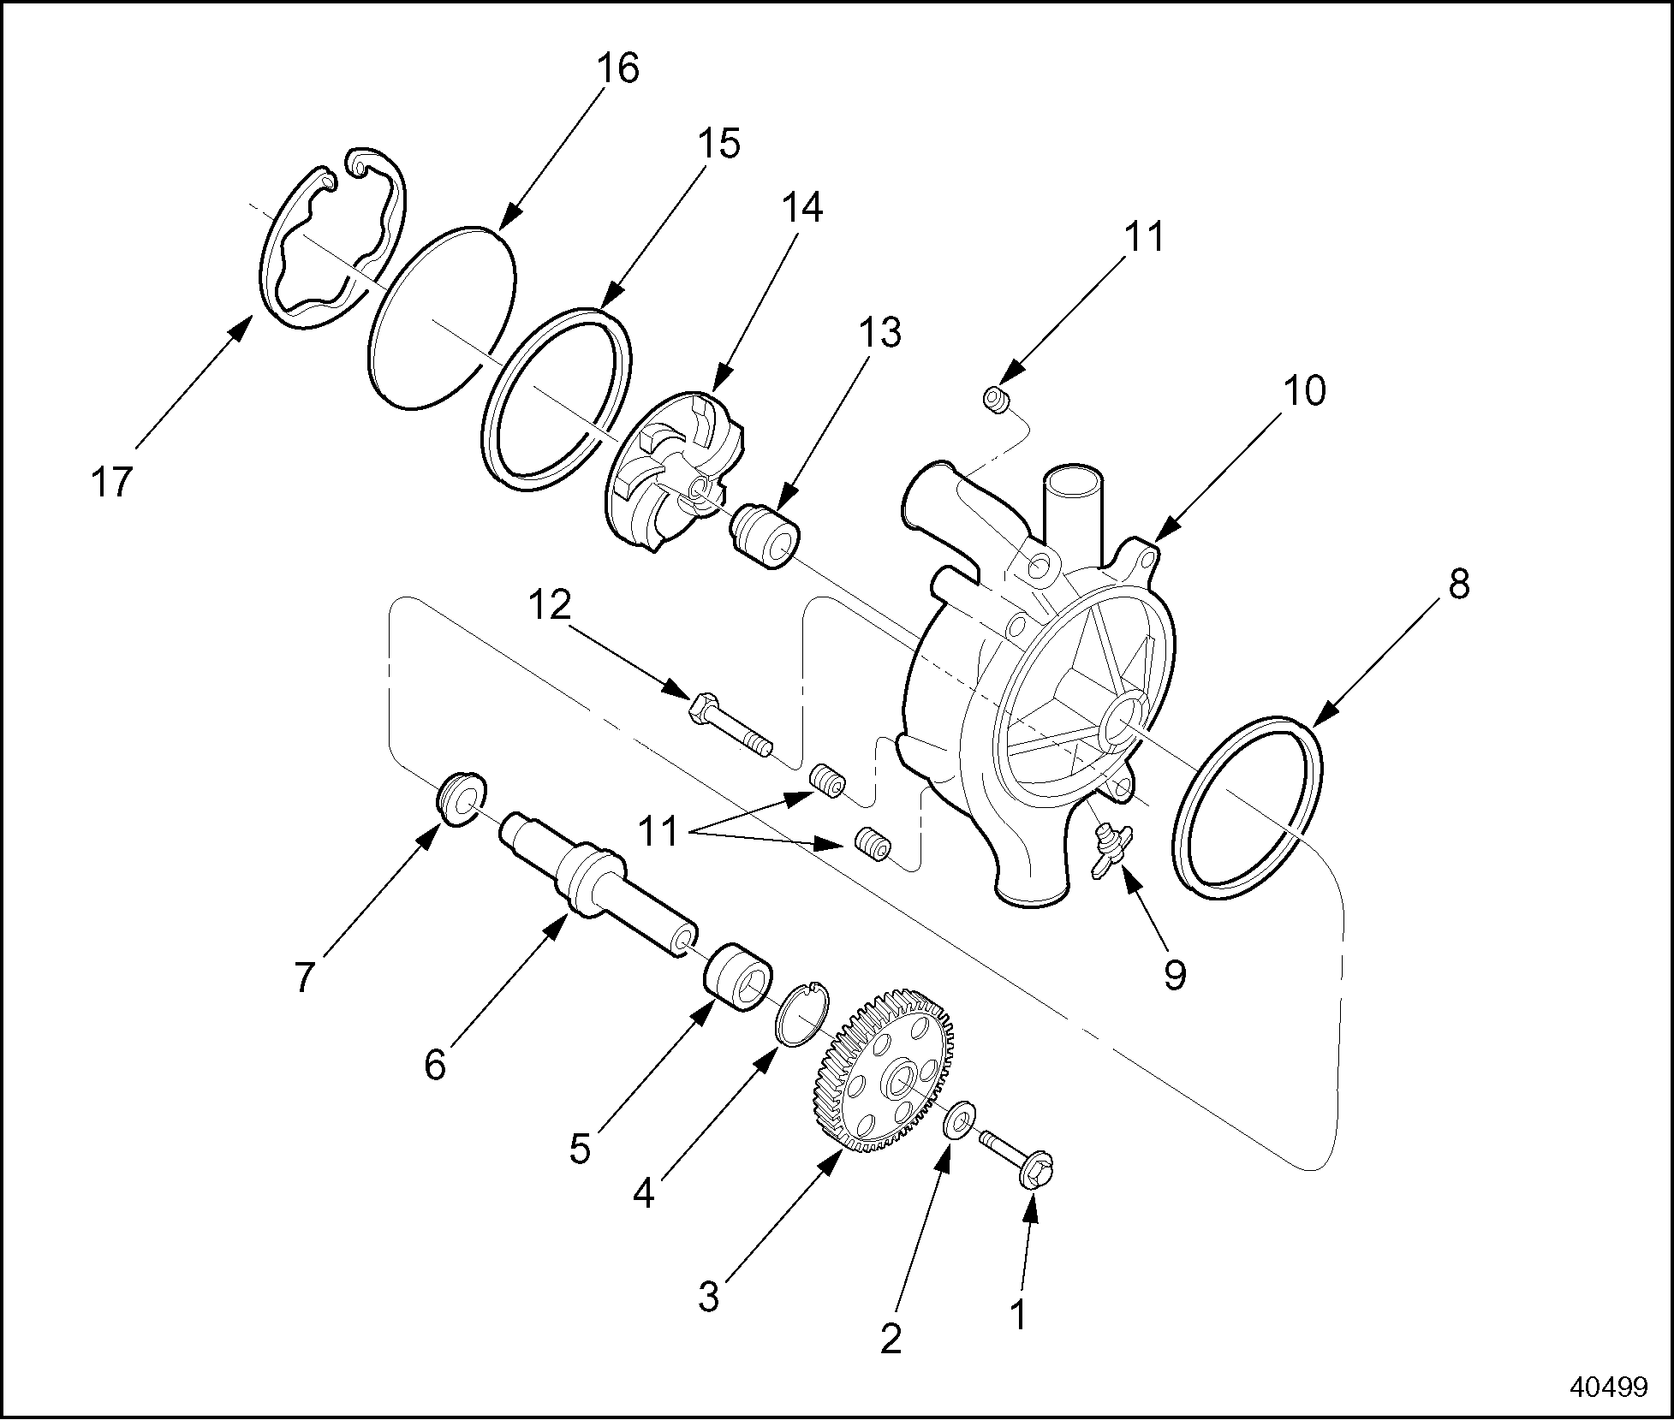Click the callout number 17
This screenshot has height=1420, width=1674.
[x=112, y=483]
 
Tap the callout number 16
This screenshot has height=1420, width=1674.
[x=618, y=68]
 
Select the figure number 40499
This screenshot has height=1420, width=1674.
[x=1607, y=1387]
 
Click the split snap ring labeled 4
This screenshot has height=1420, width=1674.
[x=802, y=1012]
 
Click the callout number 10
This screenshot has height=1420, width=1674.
[x=1304, y=391]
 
